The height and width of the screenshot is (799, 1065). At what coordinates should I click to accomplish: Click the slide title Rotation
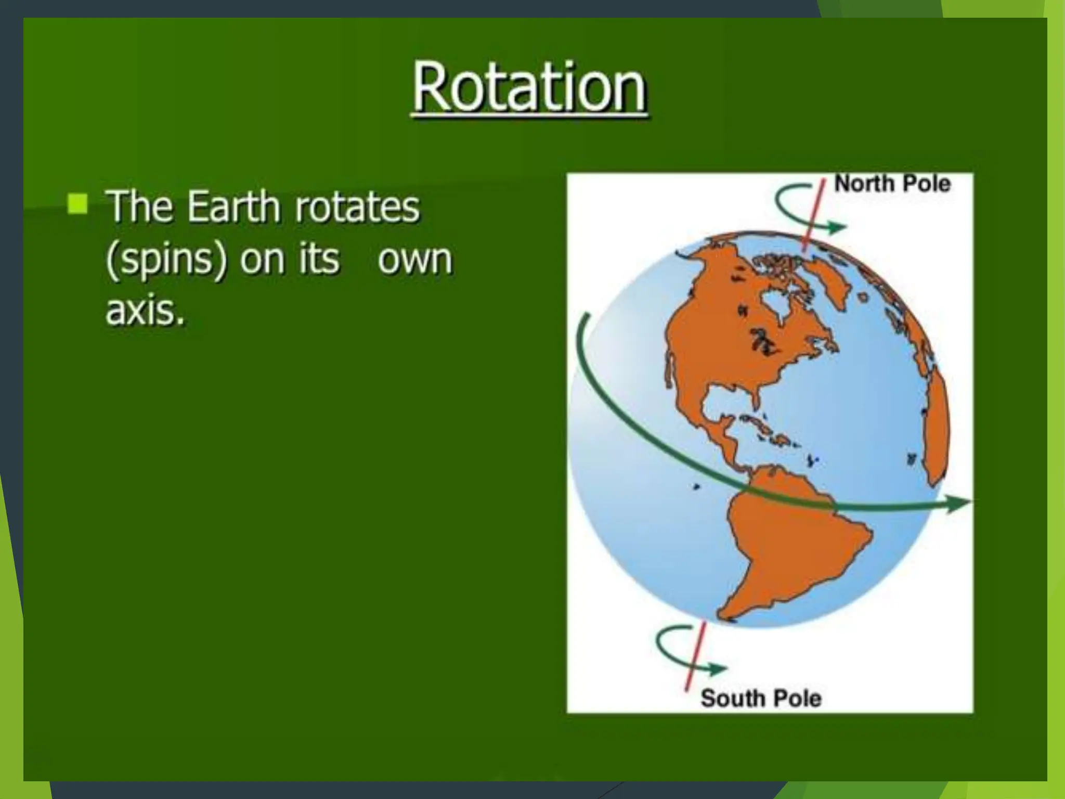pyautogui.click(x=529, y=87)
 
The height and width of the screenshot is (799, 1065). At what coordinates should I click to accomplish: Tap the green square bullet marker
pyautogui.click(x=77, y=203)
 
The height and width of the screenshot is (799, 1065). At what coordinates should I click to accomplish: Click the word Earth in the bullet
pyautogui.click(x=233, y=207)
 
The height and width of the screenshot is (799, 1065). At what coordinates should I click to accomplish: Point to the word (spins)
pyautogui.click(x=166, y=260)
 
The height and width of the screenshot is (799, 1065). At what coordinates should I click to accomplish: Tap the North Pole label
pyautogui.click(x=892, y=184)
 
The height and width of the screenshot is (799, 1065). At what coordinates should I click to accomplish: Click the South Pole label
pyautogui.click(x=761, y=698)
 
